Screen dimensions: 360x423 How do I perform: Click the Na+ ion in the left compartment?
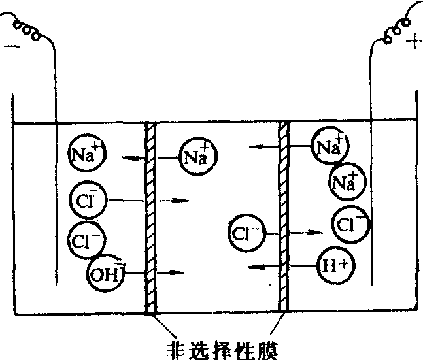coord(86,154)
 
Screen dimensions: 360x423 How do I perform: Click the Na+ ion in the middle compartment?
coord(196,156)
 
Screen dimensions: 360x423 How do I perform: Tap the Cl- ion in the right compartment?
coord(349,225)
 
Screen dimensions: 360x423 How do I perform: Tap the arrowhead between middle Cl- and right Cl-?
coord(316,232)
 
